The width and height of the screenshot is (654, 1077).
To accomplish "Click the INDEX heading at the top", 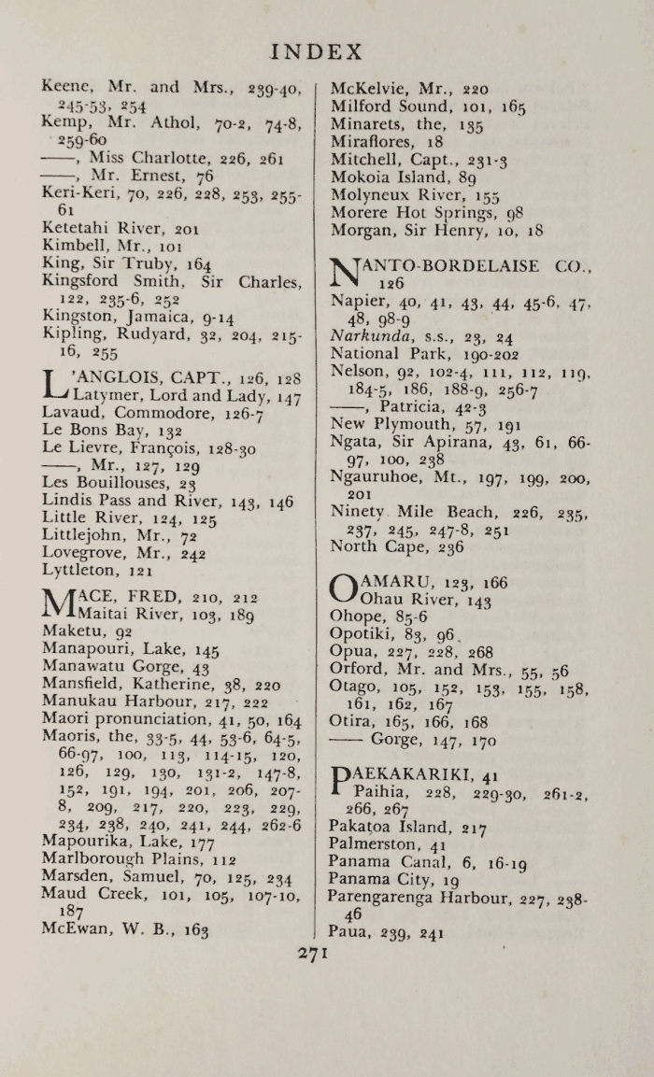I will tap(315, 51).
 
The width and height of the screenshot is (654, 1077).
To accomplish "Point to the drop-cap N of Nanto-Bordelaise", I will tap(346, 273).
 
